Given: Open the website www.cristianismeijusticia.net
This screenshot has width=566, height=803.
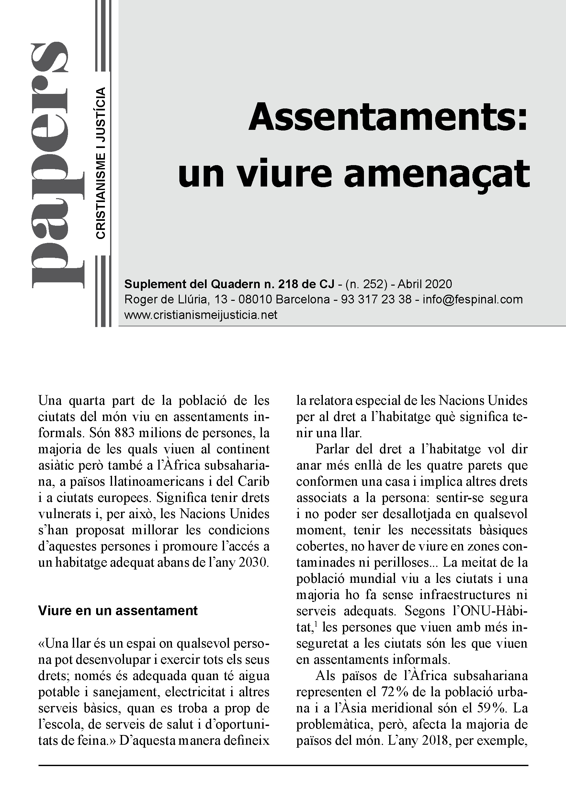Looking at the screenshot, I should point(201,315).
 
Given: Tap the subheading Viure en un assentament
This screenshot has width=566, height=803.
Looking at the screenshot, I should point(118,610).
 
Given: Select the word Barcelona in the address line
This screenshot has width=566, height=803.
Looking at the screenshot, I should point(302,300).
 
